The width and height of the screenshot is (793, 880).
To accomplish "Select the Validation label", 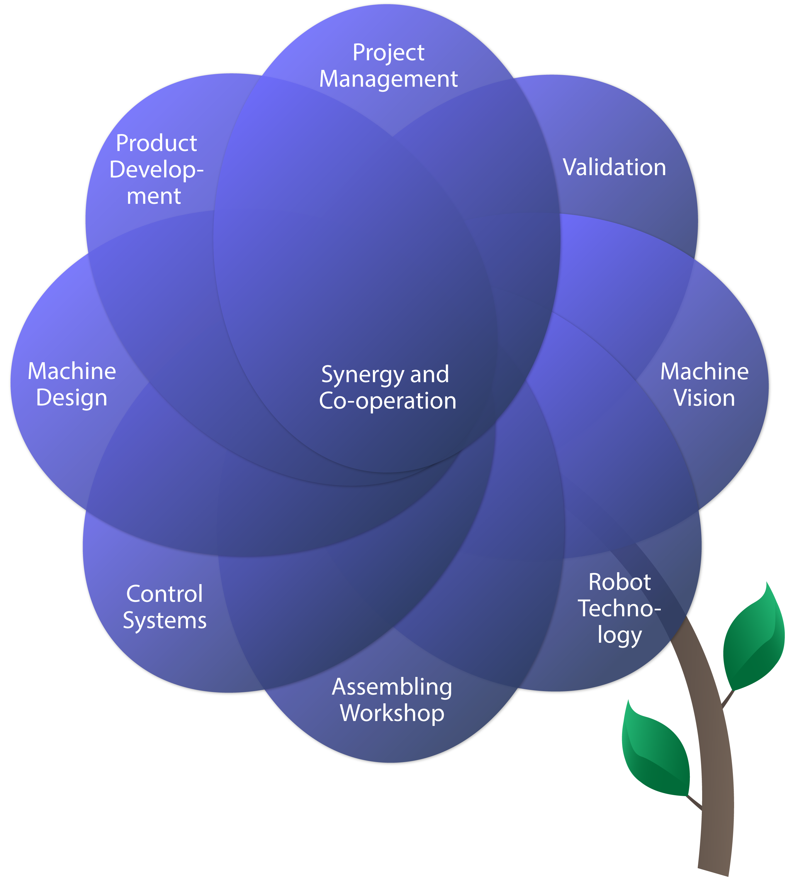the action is point(614,167).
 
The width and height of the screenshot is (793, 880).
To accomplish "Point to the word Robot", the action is point(619,582).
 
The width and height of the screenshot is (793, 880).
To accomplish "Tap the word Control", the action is point(164,594).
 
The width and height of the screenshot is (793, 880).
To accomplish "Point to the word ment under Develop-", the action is point(154,196).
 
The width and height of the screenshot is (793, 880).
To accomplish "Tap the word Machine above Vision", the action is point(704,371).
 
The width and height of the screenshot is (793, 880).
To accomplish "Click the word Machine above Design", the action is point(72,371).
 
